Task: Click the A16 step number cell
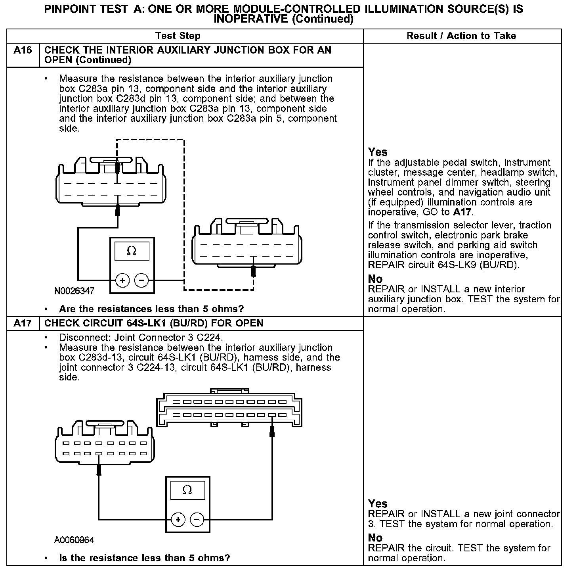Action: point(23,50)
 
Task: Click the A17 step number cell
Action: point(23,323)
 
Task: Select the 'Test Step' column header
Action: point(178,36)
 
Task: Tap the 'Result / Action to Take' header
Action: point(461,36)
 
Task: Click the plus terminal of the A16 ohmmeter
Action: point(122,281)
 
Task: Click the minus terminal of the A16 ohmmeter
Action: point(141,281)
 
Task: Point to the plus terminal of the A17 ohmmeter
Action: point(178,519)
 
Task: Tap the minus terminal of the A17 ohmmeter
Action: point(197,519)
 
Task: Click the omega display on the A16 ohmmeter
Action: point(132,251)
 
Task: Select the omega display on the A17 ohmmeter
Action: point(187,490)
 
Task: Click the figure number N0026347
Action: point(75,291)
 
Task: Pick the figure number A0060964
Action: point(75,540)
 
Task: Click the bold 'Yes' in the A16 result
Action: point(378,152)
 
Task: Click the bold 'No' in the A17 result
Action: point(375,538)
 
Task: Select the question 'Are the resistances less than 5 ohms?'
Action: point(151,309)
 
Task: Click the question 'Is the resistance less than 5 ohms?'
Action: point(144,558)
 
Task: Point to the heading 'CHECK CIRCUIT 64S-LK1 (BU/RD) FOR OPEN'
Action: point(154,323)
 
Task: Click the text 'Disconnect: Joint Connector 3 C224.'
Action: point(141,338)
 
